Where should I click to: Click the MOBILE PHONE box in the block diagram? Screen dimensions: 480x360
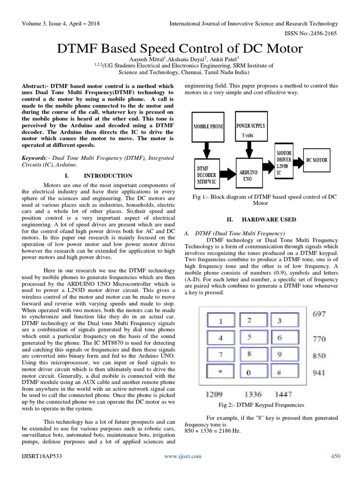point(208,127)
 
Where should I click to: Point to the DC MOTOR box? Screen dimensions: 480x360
point(317,160)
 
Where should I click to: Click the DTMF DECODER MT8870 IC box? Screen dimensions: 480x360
point(208,175)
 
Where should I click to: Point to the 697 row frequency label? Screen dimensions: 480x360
point(319,314)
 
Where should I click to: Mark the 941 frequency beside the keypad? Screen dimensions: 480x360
point(319,374)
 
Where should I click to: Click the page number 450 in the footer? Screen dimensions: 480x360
point(336,456)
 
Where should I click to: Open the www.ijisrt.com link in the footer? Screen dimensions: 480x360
point(182,456)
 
